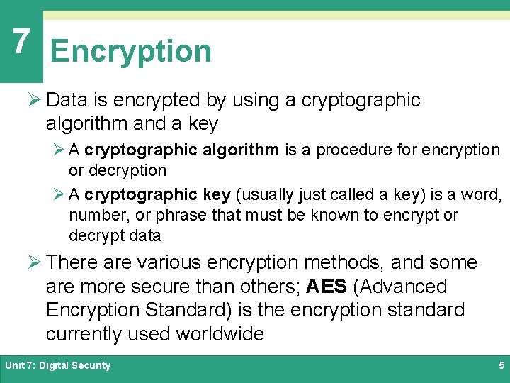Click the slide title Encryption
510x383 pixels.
(131, 52)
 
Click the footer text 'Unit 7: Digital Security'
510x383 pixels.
(58, 365)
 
